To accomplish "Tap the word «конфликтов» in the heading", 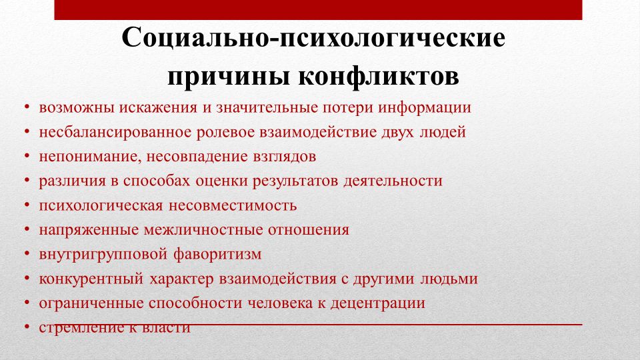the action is (x=379, y=75).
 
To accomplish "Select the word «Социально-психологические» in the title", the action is (x=313, y=38).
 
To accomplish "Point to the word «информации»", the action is (x=425, y=108).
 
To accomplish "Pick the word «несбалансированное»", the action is (x=115, y=132).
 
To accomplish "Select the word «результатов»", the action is (x=295, y=181).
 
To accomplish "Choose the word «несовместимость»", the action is (x=233, y=205).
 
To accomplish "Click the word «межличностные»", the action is (x=203, y=230).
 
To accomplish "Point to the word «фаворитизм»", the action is (x=217, y=254).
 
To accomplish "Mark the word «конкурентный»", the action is (x=91, y=279).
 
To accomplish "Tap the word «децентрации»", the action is (x=377, y=304).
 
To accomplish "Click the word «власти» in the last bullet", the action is (x=166, y=327).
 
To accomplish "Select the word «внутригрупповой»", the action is (x=103, y=255).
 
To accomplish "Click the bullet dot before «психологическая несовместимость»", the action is (x=27, y=205).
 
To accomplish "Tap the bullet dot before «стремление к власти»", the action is (x=27, y=327).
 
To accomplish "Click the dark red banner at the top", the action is (x=318, y=10).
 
